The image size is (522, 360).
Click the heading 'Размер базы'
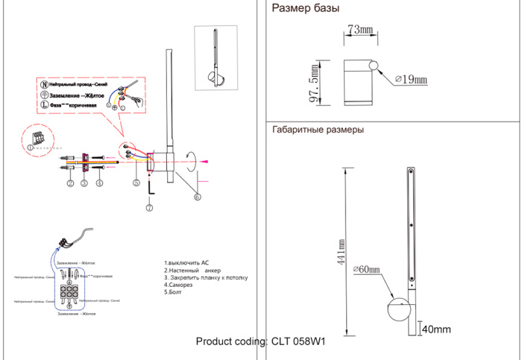coord(306,10)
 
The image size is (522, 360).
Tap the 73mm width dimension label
coord(360,30)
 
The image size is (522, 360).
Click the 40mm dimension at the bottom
coord(436,329)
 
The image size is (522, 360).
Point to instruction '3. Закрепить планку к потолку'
coord(205,277)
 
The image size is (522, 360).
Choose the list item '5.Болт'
coord(172,291)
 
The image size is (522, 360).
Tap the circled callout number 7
coord(148,208)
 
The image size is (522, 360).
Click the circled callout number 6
coord(197,197)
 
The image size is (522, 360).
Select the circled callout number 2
coord(69,183)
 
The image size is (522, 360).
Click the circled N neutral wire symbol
coord(44,86)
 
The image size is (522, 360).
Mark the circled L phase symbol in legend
coord(44,105)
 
